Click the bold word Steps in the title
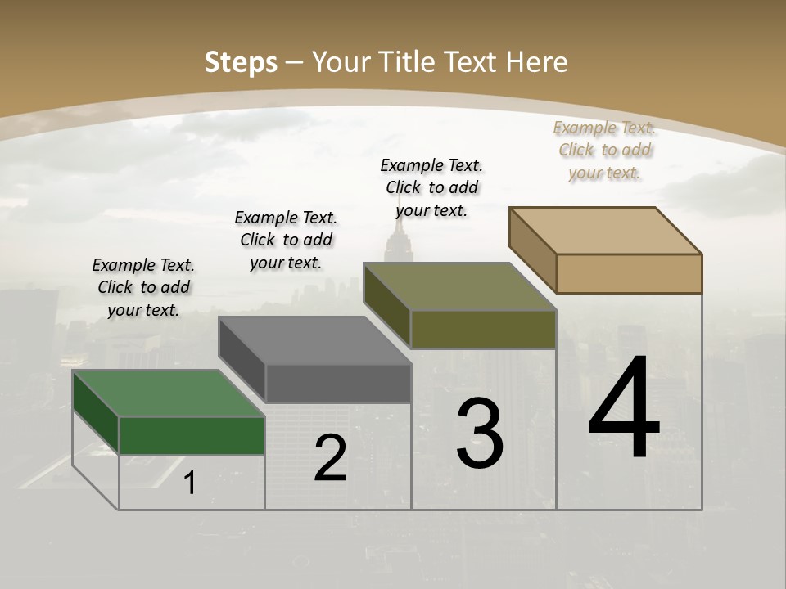[x=241, y=62]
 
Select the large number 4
[x=624, y=409]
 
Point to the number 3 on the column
[x=480, y=434]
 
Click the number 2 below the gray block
[x=330, y=458]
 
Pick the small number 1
[x=190, y=483]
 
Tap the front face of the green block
[x=192, y=435]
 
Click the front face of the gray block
[x=338, y=383]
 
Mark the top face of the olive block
[x=459, y=286]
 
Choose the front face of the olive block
[x=483, y=329]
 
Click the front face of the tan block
[x=629, y=273]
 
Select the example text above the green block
[x=143, y=287]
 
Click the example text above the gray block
[x=286, y=240]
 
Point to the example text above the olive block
[x=431, y=187]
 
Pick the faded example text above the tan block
[x=604, y=150]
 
